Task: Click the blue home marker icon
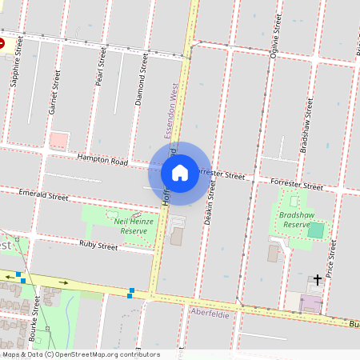click(180, 172)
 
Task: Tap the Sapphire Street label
click(15, 62)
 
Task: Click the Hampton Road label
click(102, 161)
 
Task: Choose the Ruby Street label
click(98, 243)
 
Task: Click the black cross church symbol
click(318, 279)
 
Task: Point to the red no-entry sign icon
click(2, 42)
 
